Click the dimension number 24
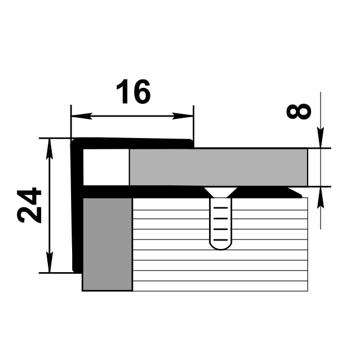[x=29, y=206]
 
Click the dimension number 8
[x=299, y=112]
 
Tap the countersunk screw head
[x=221, y=192]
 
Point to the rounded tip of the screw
[x=221, y=246]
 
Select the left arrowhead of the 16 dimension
[x=82, y=116]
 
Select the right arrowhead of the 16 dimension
[x=183, y=116]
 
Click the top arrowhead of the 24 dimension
[x=50, y=149]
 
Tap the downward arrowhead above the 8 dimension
[x=321, y=137]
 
